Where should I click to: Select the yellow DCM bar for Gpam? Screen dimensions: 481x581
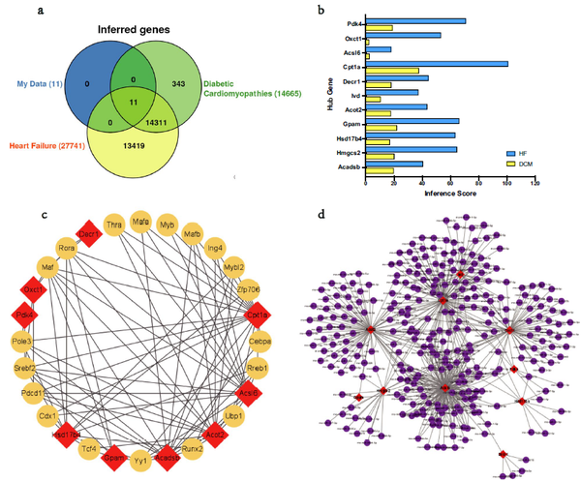tap(382, 128)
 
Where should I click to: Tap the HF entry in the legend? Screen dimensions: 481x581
tap(522, 153)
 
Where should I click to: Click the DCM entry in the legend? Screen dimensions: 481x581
tap(522, 163)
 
